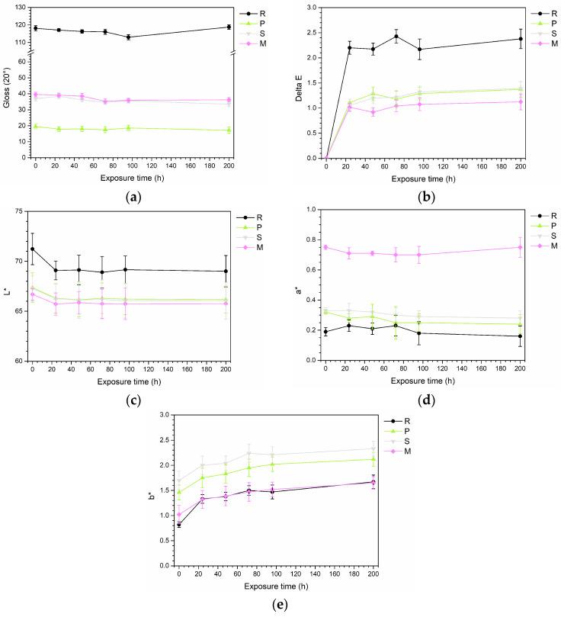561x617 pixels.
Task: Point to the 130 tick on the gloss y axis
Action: coord(21,8)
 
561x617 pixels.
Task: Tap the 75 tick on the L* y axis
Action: coord(21,210)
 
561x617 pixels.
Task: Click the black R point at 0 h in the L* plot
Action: coord(32,249)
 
